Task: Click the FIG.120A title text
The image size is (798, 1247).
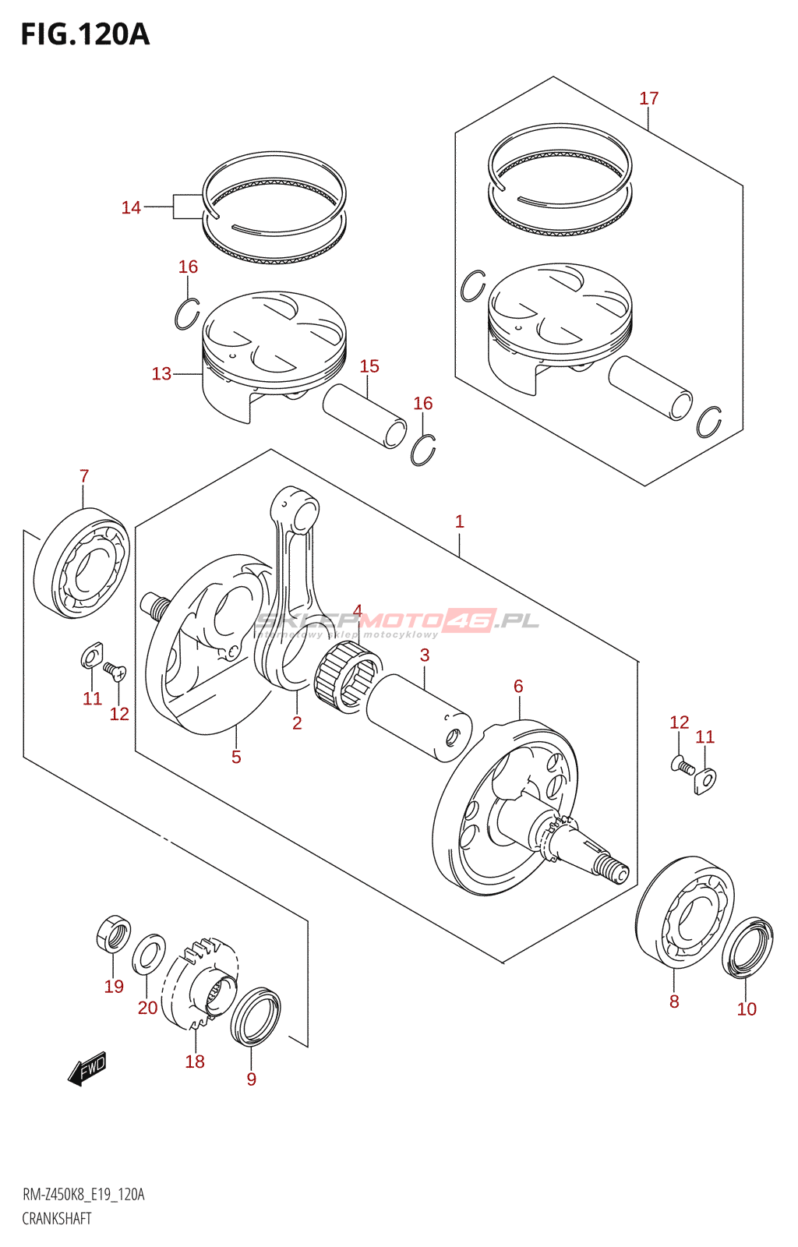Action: coord(84,35)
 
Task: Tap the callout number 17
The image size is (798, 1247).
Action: coord(648,99)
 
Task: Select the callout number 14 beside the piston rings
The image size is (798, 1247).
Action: coord(131,207)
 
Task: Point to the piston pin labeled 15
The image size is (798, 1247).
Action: coord(365,416)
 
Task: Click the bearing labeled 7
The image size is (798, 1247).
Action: coord(82,563)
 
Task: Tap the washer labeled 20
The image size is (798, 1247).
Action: coord(148,954)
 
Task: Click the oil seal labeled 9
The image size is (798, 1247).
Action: coord(255,1016)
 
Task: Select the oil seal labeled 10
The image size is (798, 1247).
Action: coord(747,947)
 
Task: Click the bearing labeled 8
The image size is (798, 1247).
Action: coord(683,912)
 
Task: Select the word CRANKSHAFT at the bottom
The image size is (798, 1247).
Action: coord(57,1218)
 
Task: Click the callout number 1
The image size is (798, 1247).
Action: coord(460,521)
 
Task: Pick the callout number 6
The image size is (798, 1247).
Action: coord(518,687)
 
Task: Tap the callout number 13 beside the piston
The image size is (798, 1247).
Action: coord(161,374)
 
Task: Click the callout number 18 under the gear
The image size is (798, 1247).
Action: coord(195,1062)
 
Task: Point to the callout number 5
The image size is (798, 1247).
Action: coord(236,757)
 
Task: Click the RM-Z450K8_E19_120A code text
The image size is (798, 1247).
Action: coord(83,1195)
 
